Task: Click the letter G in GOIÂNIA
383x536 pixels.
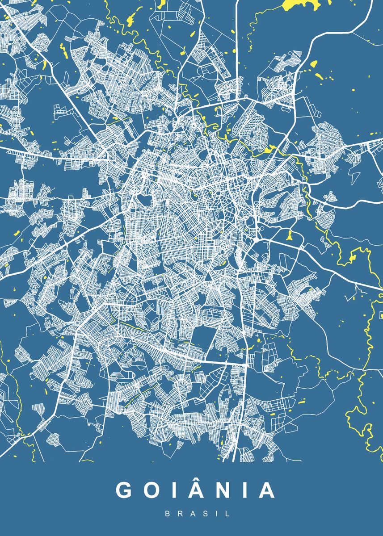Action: pyautogui.click(x=124, y=490)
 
